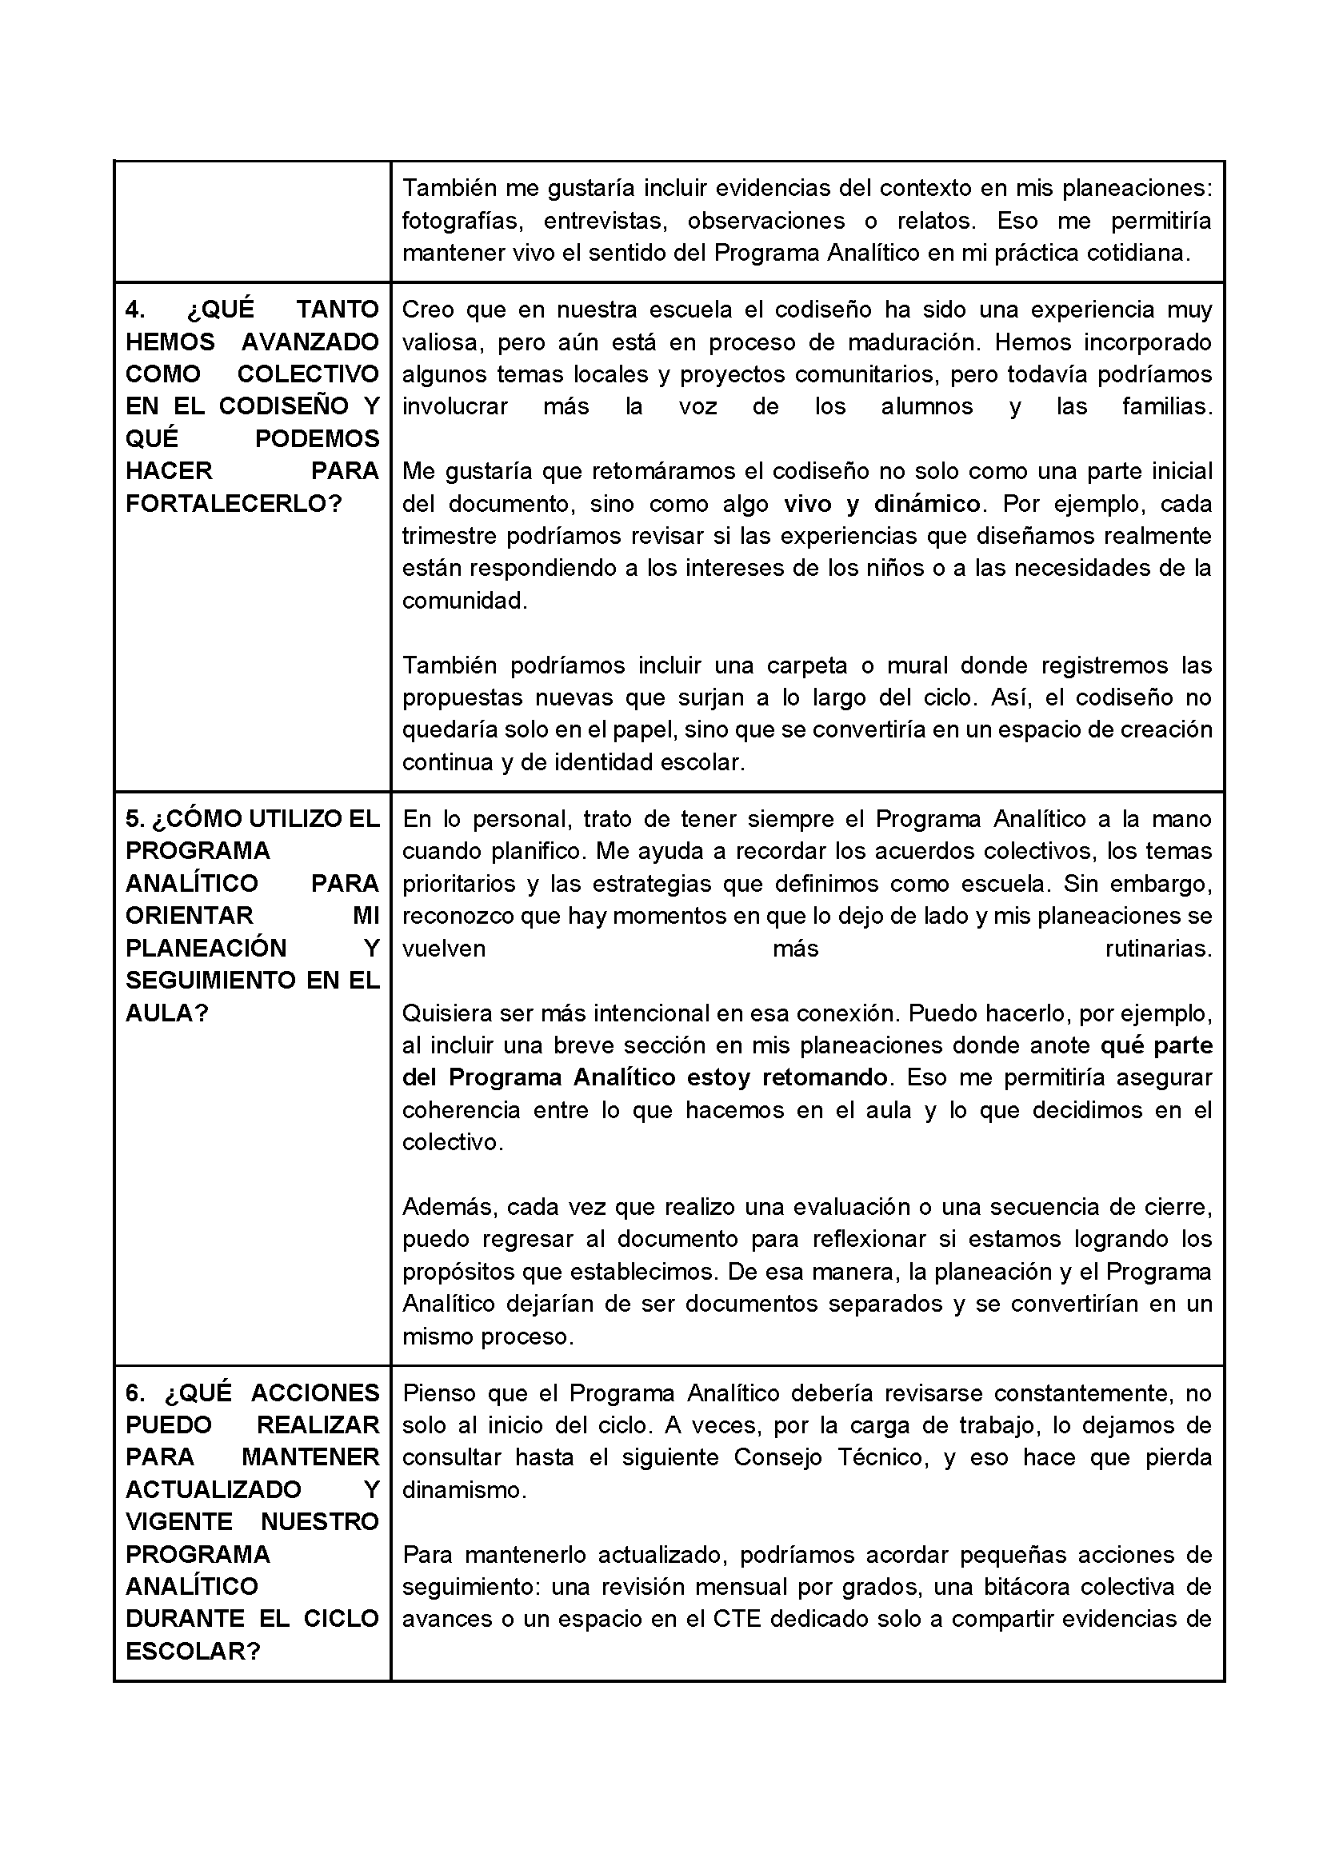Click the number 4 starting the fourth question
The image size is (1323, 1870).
pos(134,310)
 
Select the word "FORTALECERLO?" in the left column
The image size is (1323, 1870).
pos(233,503)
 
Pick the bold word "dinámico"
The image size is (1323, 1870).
pos(926,504)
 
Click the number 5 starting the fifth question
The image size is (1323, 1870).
pos(134,818)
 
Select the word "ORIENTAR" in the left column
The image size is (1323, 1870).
pos(190,916)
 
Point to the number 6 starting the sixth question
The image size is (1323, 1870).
pos(134,1393)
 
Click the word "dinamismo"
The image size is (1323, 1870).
pos(462,1489)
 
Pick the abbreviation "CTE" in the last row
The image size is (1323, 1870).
pos(737,1618)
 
